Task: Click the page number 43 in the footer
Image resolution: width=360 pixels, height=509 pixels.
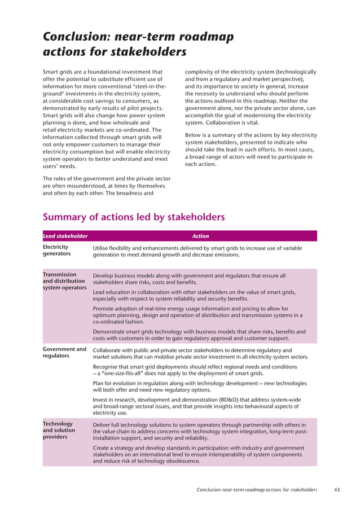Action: point(337,489)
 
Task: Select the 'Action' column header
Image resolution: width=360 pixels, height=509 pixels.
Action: point(200,236)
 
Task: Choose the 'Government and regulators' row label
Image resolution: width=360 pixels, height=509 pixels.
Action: point(64,353)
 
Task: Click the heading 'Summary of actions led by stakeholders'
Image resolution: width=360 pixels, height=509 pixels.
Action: point(134,217)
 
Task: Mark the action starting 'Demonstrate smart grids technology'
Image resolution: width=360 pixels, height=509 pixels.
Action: point(199,335)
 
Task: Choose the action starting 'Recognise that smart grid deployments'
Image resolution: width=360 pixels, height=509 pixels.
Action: point(195,370)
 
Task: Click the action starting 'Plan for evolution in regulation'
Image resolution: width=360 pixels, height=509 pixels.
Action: point(199,387)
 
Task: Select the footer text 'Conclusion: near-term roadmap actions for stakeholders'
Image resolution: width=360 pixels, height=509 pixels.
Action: point(257,489)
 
